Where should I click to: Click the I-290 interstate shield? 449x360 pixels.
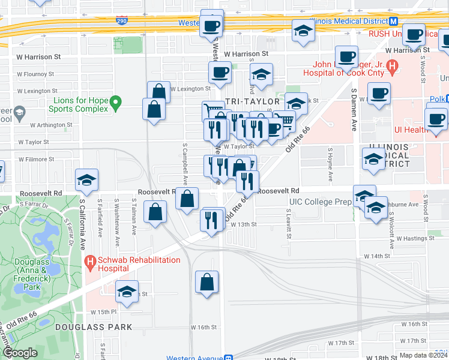click(122, 20)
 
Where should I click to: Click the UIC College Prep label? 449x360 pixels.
click(320, 202)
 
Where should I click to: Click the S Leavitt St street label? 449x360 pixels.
click(289, 223)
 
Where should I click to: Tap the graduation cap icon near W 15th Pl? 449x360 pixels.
click(127, 292)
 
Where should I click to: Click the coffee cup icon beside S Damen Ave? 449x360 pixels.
click(378, 94)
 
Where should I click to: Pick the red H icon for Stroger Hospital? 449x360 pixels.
click(392, 65)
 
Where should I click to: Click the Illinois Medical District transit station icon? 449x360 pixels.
click(394, 21)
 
